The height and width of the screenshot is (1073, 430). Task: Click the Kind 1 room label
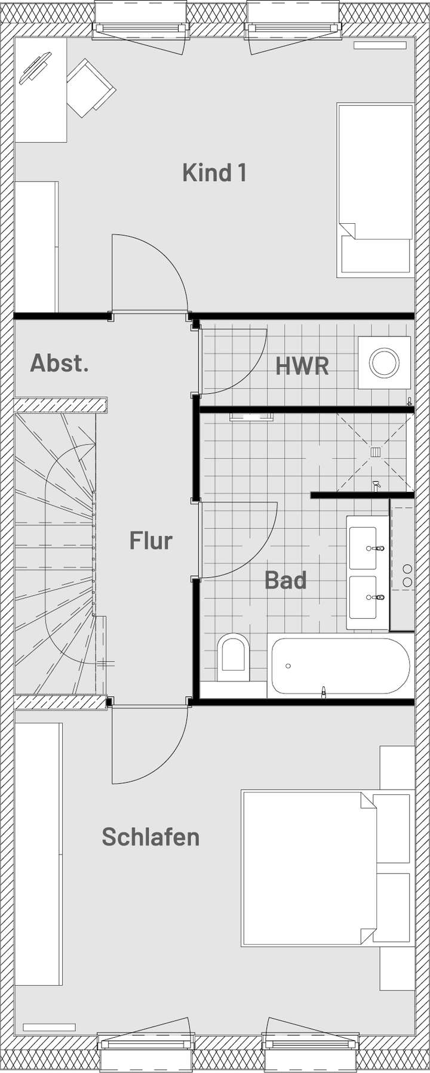pos(214,173)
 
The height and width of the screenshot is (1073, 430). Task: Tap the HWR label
pos(302,366)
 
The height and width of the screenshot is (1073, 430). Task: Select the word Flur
pos(151,541)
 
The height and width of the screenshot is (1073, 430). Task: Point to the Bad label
pos(285,580)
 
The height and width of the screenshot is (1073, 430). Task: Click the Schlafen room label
pos(150,837)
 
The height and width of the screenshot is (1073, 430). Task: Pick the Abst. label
pos(60,363)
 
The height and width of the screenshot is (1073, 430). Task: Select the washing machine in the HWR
pos(384,363)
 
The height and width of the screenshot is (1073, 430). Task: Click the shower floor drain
pos(376,452)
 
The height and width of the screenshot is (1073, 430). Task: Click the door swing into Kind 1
pos(149,272)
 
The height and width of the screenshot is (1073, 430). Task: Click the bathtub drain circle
pos(288,665)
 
